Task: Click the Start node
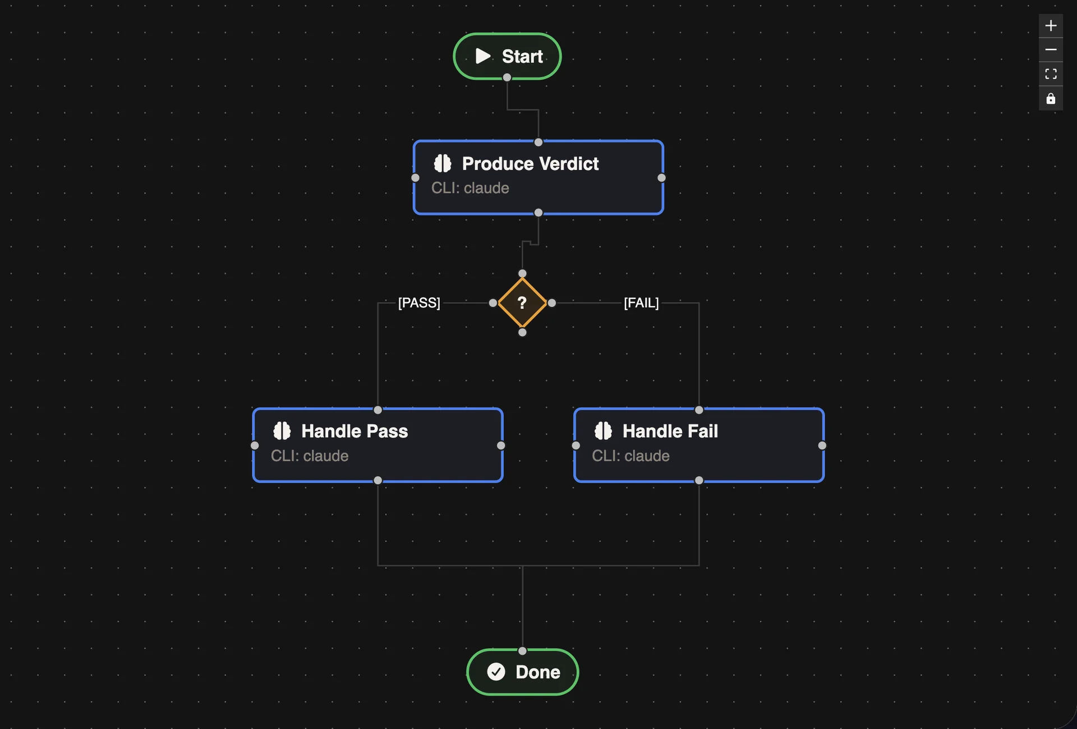[x=507, y=56]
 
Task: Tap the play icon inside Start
[x=483, y=56]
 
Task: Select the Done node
[x=522, y=672]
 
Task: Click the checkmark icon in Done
[x=496, y=672]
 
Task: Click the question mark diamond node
[x=522, y=303]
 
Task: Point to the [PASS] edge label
[x=419, y=303]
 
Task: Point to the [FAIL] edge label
[x=641, y=303]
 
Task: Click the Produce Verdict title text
[x=530, y=164]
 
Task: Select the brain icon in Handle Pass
[x=282, y=431]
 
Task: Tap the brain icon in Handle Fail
[x=603, y=431]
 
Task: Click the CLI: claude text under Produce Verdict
[x=470, y=188]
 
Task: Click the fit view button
[x=1051, y=74]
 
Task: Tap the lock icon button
[x=1051, y=99]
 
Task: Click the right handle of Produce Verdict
[x=661, y=178]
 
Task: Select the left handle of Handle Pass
[x=255, y=446]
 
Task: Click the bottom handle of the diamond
[x=522, y=332]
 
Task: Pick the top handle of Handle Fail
[x=699, y=410]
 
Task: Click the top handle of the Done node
[x=522, y=651]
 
